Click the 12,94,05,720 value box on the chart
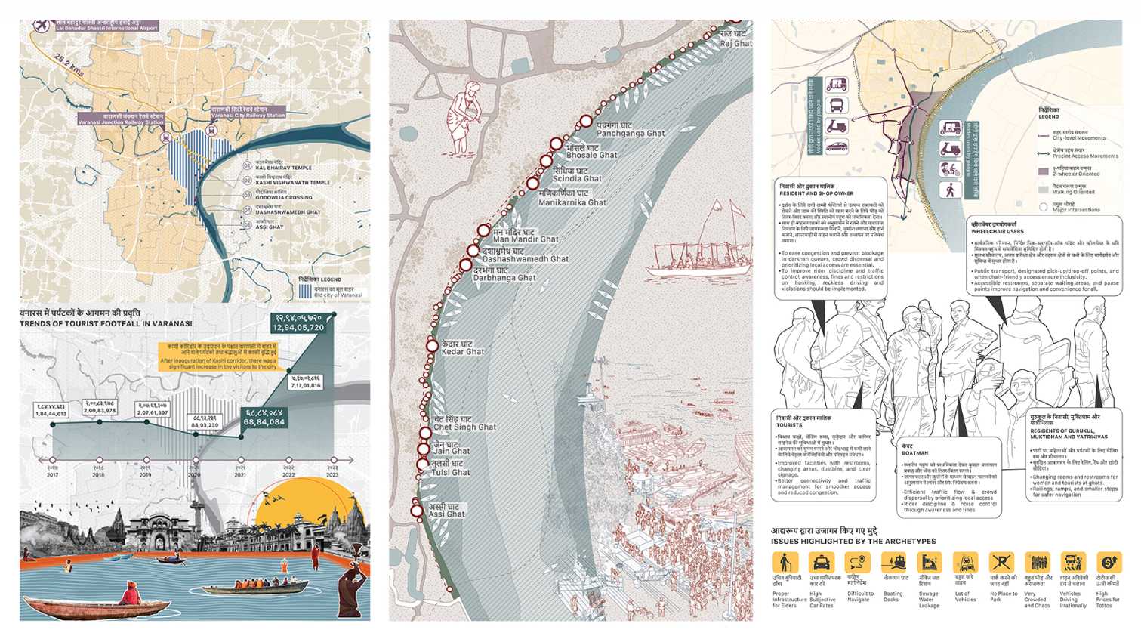[299, 323]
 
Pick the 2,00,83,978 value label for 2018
[100, 407]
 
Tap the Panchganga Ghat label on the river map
[630, 129]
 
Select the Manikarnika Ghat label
[572, 198]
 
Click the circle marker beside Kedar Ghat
[432, 346]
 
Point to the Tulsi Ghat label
[450, 468]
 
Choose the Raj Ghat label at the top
[735, 39]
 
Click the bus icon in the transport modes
[837, 105]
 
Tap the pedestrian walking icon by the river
[950, 190]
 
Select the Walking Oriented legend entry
[1073, 189]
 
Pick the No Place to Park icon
[1001, 563]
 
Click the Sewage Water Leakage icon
[929, 563]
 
